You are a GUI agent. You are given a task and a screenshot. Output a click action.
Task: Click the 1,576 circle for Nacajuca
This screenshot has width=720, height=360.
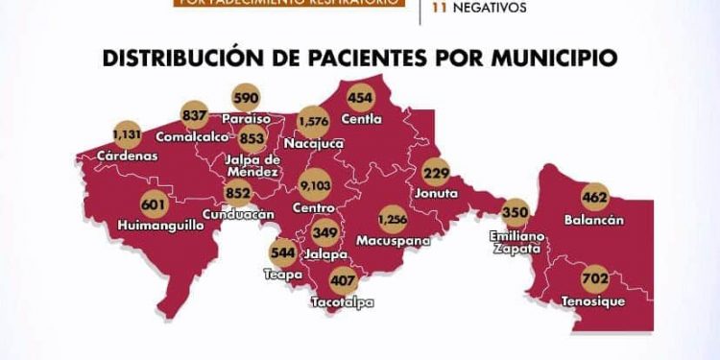tap(314, 122)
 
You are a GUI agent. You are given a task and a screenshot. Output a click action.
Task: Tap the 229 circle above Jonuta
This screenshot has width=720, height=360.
tap(437, 173)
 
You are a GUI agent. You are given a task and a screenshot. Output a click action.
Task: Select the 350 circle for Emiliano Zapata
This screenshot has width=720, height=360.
tap(516, 212)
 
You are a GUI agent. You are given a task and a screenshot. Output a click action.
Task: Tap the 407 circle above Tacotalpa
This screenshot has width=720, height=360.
tap(343, 282)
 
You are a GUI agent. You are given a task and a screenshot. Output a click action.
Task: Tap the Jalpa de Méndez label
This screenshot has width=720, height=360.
tap(252, 165)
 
